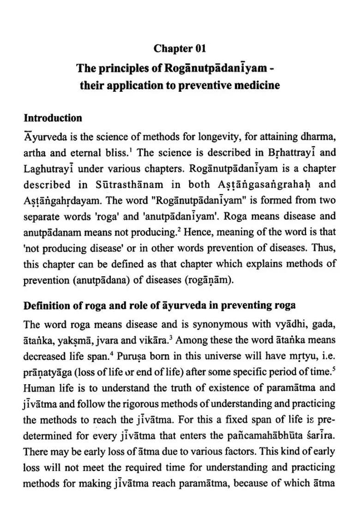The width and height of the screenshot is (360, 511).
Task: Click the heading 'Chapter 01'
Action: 180,48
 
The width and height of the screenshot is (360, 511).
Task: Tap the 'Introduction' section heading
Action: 53,118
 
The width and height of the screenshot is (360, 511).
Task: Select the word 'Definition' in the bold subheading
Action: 48,305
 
